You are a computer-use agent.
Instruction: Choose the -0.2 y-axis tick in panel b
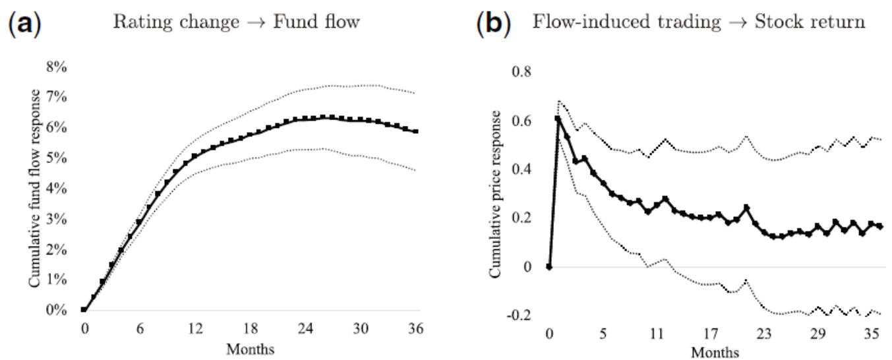point(520,316)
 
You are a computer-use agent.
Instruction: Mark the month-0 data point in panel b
point(549,267)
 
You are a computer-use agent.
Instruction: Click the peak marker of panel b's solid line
point(558,119)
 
